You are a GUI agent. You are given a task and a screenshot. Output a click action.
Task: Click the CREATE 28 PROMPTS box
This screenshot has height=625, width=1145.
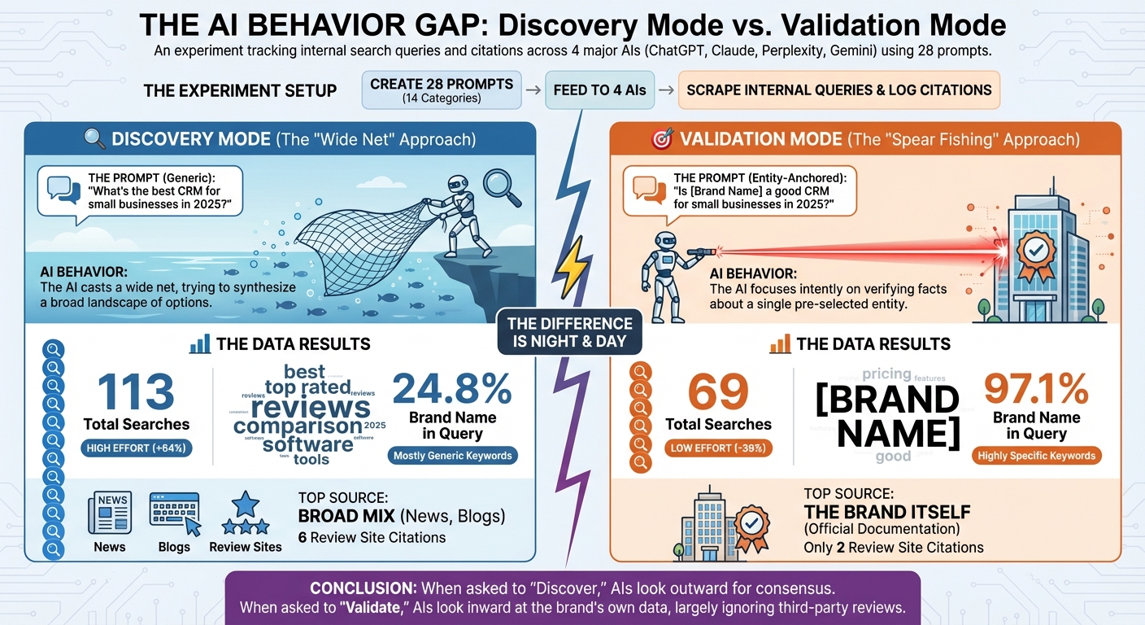pos(442,90)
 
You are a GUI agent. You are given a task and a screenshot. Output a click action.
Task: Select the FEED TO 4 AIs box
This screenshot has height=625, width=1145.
pos(599,90)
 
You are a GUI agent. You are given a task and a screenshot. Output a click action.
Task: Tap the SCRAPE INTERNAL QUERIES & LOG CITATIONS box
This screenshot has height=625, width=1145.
pos(838,90)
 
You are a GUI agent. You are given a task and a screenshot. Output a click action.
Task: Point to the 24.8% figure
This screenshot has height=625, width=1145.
pos(452,388)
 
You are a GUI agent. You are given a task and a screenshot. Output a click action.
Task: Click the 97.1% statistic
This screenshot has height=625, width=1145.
pos(1036,388)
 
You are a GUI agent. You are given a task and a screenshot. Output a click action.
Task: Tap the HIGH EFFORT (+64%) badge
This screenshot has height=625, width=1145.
pos(137,448)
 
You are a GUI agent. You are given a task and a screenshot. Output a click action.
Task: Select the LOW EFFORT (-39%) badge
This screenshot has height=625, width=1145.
pos(717,448)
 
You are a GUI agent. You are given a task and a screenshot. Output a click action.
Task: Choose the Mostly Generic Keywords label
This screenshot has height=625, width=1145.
pos(453,456)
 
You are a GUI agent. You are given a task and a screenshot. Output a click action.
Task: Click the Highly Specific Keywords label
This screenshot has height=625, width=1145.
pos(1036,456)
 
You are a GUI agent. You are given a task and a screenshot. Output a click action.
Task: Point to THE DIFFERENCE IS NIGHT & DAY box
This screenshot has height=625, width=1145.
pos(570,333)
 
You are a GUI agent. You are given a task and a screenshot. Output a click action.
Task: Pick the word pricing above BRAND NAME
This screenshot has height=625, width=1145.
pos(886,374)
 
